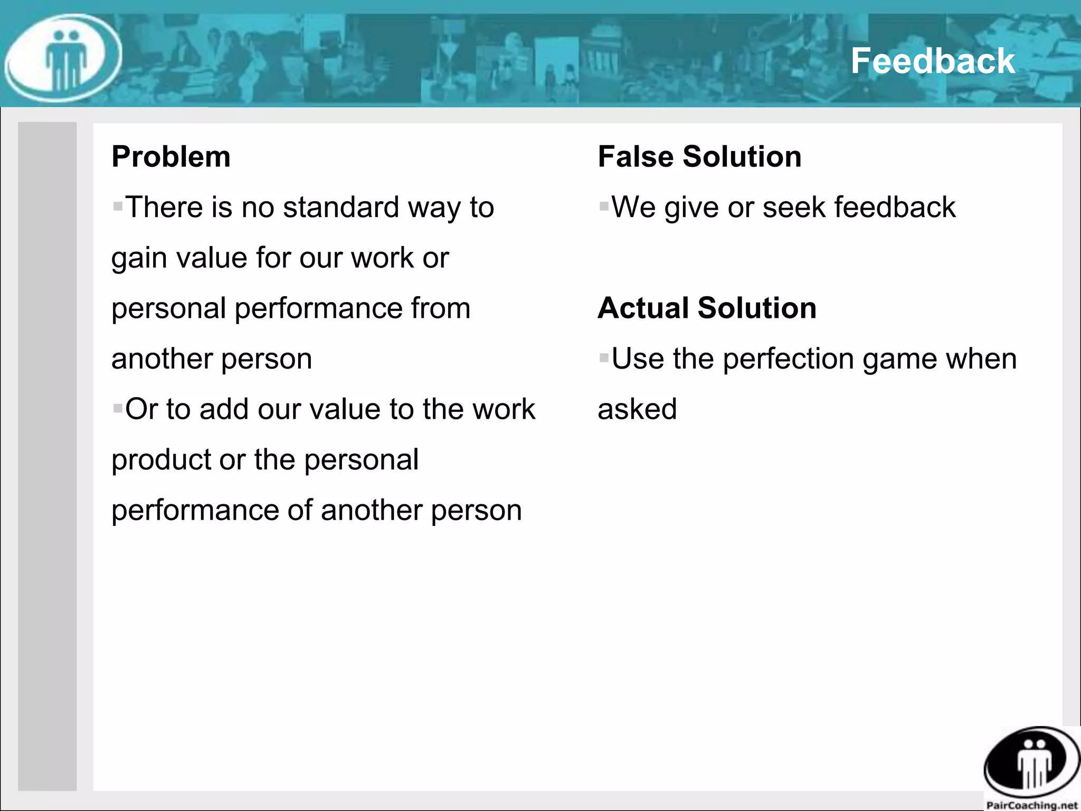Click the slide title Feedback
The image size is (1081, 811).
coord(932,61)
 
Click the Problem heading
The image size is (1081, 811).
coord(171,157)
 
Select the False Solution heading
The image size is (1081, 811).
coord(699,157)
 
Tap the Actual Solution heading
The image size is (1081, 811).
coord(707,308)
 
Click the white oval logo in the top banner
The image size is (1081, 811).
coord(63,58)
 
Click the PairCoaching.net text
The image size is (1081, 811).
coord(1032,805)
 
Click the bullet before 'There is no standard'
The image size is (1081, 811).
coord(118,205)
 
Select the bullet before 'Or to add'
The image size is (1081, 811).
coord(118,408)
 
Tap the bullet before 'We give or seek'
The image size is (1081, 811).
coord(604,205)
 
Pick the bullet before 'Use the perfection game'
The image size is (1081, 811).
coord(604,357)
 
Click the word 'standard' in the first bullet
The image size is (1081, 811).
coord(341,207)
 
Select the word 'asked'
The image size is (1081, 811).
coord(637,409)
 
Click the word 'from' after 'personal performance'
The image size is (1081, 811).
coord(441,308)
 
